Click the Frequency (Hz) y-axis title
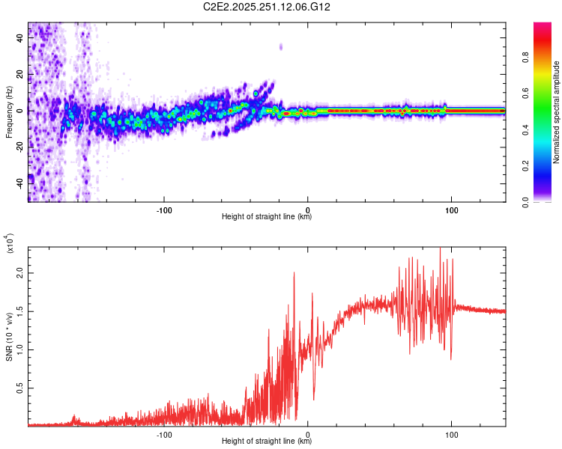pyautogui.click(x=9, y=111)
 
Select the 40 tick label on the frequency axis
pyautogui.click(x=20, y=40)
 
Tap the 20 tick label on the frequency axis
pyautogui.click(x=20, y=76)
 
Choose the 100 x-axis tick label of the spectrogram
pyautogui.click(x=451, y=209)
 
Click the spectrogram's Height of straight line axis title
pyautogui.click(x=267, y=217)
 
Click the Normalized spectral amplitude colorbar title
pyautogui.click(x=557, y=112)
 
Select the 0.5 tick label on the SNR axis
pyautogui.click(x=20, y=388)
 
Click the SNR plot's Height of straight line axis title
pyautogui.click(x=267, y=442)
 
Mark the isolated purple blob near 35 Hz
pyautogui.click(x=281, y=46)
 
